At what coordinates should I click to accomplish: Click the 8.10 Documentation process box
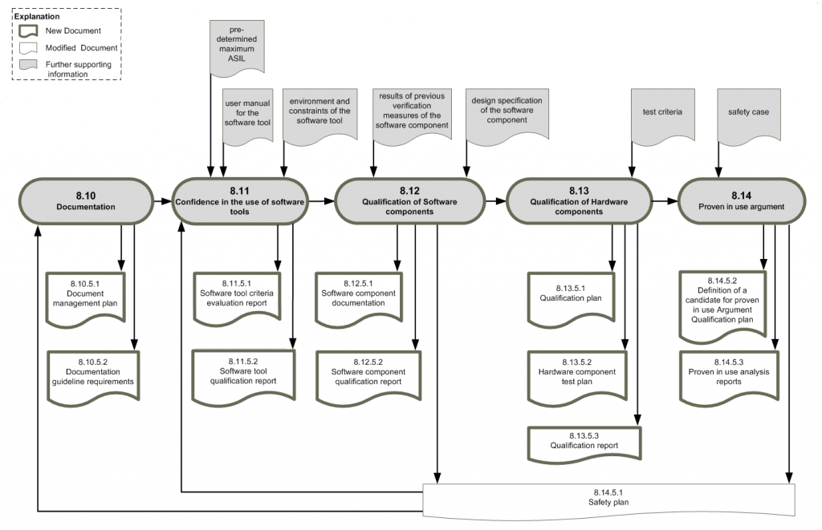87,201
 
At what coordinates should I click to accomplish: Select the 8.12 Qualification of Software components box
409,201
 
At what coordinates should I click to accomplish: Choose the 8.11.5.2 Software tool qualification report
243,375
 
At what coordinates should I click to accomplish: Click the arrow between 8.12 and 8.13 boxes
494,201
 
